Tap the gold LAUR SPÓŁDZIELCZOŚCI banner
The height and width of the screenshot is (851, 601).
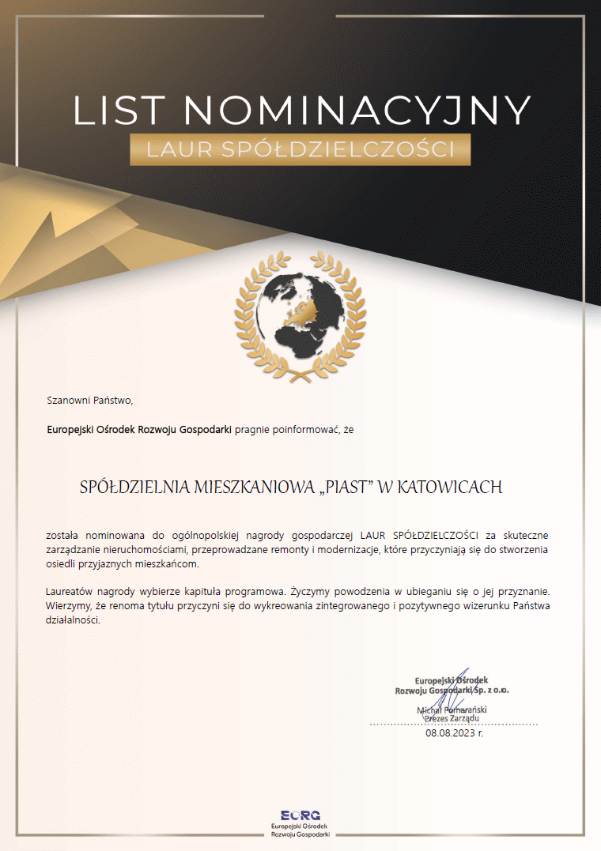coord(300,149)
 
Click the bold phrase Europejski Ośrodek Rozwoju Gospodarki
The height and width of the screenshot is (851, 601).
coord(139,429)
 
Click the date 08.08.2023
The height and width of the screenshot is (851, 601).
coord(450,732)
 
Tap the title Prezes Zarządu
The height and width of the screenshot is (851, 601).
coord(452,718)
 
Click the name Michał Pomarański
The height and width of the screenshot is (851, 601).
coord(452,710)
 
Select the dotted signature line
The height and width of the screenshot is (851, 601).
coord(453,724)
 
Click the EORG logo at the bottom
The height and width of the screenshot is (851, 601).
coord(300,815)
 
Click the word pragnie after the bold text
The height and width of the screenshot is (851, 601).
coord(252,429)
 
